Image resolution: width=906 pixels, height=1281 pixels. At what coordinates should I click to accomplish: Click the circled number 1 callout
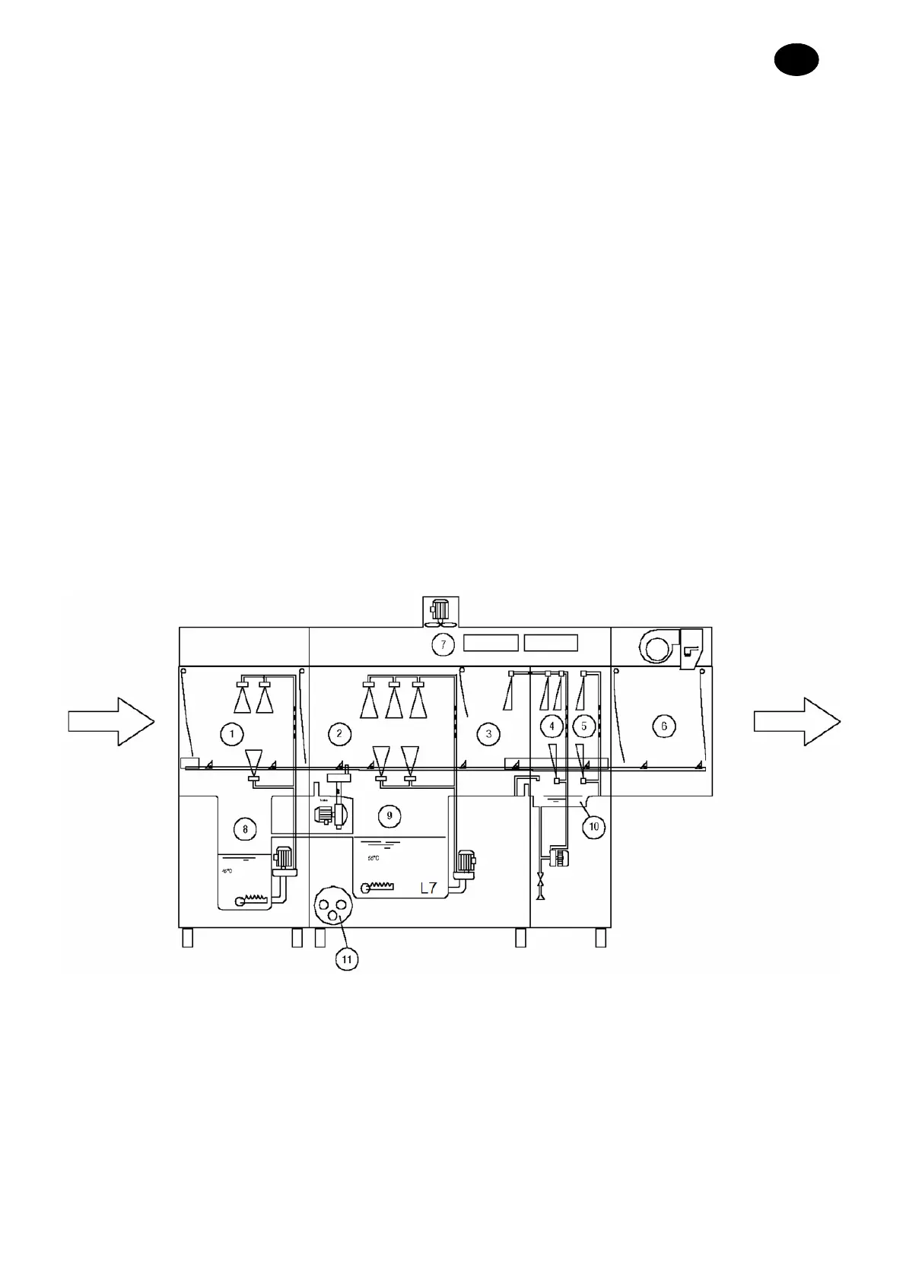click(x=231, y=733)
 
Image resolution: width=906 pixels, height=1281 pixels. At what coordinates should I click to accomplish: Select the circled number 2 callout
click(x=339, y=733)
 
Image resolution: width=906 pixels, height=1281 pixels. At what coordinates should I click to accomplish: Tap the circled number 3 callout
click(x=488, y=733)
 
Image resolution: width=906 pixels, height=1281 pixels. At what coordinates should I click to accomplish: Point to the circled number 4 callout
click(x=552, y=726)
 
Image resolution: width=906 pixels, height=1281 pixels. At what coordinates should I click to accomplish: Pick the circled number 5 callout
click(x=583, y=726)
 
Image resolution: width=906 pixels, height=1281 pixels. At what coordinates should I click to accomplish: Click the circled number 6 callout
click(x=664, y=726)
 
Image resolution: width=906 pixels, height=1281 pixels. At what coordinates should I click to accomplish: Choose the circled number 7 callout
click(x=443, y=644)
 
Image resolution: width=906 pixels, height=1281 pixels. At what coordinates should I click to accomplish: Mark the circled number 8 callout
click(x=245, y=828)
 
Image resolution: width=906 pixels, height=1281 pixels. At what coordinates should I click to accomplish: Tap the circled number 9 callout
click(x=389, y=815)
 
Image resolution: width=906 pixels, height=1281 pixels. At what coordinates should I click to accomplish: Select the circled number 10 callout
click(x=594, y=825)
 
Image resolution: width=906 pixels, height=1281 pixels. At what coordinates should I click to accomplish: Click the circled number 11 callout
click(x=346, y=958)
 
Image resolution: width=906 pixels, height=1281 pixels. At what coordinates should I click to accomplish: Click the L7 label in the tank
click(x=428, y=887)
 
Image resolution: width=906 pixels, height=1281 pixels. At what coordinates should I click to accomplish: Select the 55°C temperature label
click(x=374, y=858)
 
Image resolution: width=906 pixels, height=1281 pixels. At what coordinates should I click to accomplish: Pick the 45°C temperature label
click(x=227, y=871)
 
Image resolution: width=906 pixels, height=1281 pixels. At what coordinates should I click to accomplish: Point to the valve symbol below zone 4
click(x=541, y=887)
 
